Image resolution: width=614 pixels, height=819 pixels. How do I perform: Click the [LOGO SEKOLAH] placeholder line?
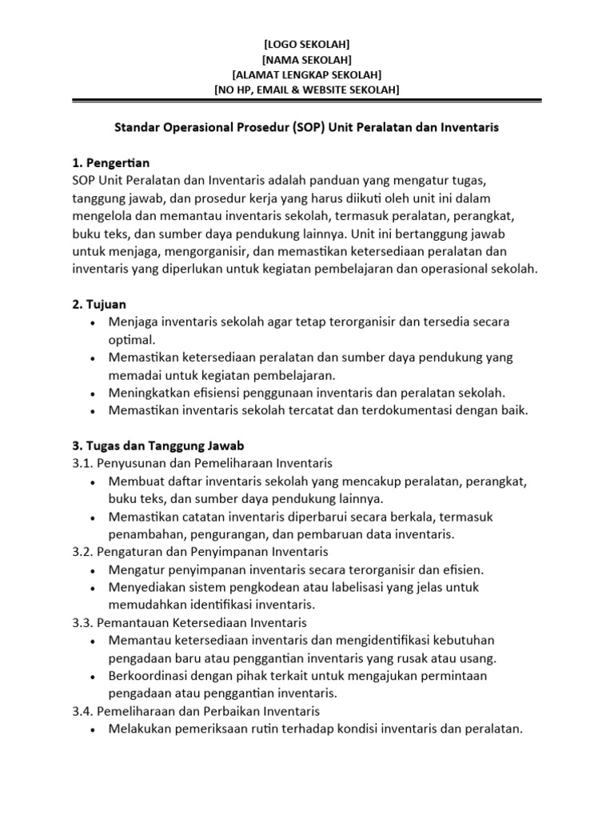point(306,44)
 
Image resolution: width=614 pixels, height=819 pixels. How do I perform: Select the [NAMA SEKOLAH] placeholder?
point(306,59)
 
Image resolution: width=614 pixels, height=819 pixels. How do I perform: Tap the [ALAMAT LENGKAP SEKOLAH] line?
point(306,74)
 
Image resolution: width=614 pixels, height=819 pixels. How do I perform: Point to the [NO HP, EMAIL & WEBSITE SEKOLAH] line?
point(306,90)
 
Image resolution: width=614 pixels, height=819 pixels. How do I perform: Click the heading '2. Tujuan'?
point(99,304)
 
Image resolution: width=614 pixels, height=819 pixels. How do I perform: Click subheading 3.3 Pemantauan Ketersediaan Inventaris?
point(189,621)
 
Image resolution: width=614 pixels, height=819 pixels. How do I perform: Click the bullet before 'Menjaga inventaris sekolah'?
point(94,322)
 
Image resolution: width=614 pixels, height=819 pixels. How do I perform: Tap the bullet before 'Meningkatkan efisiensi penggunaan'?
point(94,393)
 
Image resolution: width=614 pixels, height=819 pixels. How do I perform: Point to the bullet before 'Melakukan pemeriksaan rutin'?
point(94,729)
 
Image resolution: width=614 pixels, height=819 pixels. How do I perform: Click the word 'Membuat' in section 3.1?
point(133,481)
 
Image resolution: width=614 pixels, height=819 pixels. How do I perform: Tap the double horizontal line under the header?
point(306,102)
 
